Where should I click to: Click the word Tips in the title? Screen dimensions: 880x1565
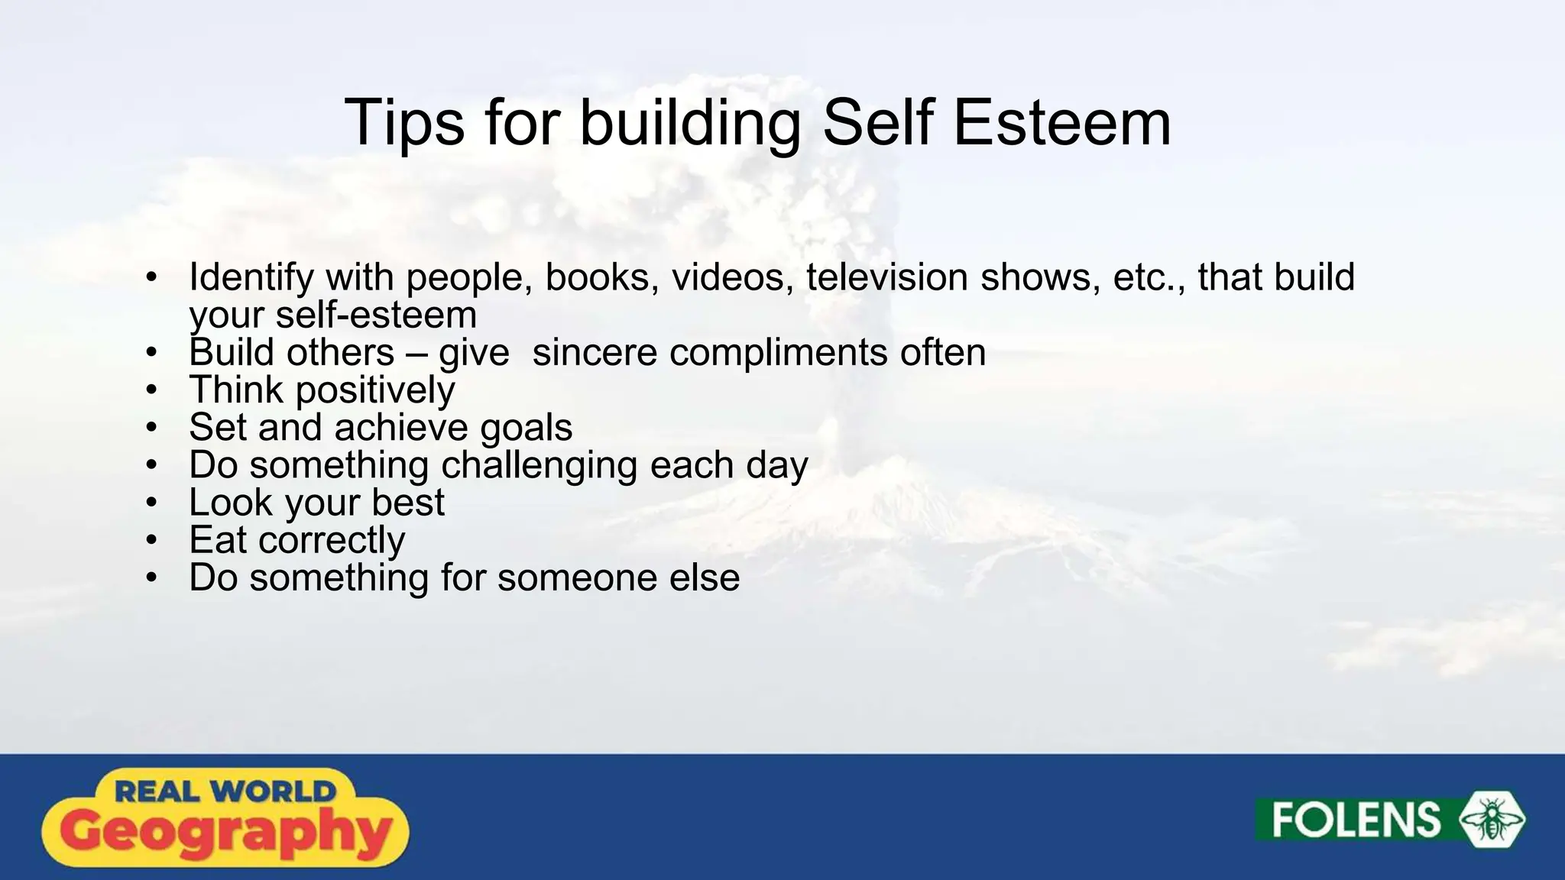(404, 123)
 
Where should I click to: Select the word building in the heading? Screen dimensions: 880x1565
(690, 123)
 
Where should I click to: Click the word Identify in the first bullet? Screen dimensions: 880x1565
(251, 277)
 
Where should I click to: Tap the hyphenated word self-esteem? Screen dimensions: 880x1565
(376, 315)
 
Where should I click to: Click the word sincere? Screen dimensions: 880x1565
(595, 352)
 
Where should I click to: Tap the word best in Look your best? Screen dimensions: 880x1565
(407, 503)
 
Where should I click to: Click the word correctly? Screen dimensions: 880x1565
(332, 540)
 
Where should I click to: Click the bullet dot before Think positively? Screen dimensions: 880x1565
(151, 390)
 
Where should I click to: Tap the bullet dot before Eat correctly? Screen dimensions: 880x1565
(151, 540)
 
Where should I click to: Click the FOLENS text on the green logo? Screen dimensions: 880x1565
(1356, 820)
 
